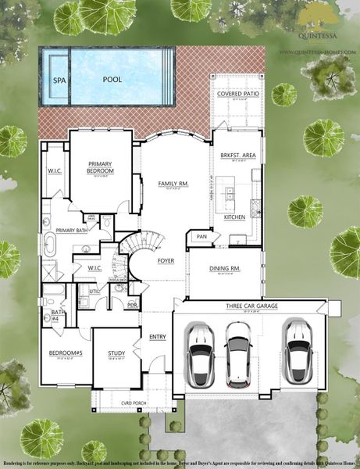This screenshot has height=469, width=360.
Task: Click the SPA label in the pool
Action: coord(59,80)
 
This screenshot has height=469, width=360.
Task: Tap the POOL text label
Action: coord(117,80)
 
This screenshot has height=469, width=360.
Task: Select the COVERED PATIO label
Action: coord(237,94)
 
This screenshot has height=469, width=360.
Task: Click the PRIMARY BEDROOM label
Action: coord(101,167)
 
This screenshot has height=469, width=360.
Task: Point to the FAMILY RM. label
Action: coord(173,183)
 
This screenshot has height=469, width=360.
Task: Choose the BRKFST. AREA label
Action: coord(234,155)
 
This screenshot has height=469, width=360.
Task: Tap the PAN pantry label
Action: coord(201,236)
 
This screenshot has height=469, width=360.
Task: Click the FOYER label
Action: coord(166,260)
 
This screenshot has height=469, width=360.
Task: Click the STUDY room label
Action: coord(116,353)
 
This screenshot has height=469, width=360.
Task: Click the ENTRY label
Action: coord(158,337)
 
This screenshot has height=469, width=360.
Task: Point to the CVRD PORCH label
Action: coord(120,403)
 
